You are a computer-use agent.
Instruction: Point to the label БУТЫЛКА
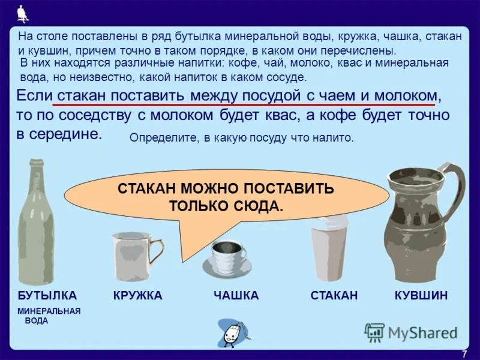click(x=47, y=295)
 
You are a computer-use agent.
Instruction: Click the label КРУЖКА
click(x=137, y=295)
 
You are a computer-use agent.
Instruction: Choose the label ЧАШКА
click(x=236, y=295)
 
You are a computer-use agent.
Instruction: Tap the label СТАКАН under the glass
click(x=334, y=295)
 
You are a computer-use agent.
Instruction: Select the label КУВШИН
click(x=421, y=295)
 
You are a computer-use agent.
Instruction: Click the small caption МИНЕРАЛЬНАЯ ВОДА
click(x=49, y=316)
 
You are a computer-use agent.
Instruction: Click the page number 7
click(x=464, y=353)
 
